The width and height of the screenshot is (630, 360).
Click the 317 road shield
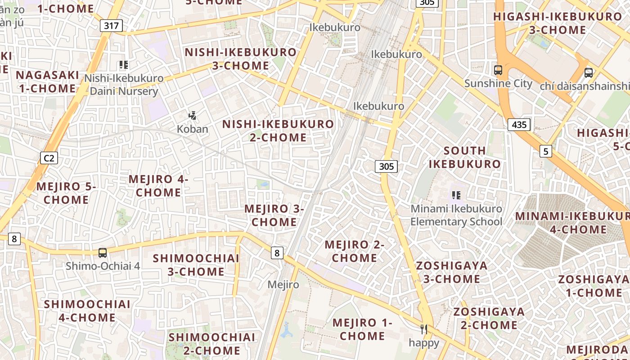pos(111,26)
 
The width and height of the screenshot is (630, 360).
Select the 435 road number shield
pos(519,125)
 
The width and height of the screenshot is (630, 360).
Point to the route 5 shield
pos(546,151)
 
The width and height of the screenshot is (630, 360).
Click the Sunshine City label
pos(498,84)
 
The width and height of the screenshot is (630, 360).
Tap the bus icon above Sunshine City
pos(498,70)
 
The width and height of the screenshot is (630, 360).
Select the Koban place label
pos(192,129)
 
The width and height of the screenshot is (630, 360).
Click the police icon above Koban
pos(193,116)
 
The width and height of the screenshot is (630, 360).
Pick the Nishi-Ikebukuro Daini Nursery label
pos(124,85)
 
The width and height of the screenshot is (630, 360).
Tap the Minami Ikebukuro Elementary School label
pos(456,215)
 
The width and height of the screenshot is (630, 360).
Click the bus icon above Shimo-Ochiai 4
pos(103,253)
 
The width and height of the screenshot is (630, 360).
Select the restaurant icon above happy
pos(423,329)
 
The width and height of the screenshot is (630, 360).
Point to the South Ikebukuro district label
pos(464,157)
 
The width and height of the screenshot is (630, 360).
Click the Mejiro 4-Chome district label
pos(158,186)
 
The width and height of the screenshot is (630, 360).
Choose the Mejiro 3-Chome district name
pos(274,216)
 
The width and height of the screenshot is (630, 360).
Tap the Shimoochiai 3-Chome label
pos(196,265)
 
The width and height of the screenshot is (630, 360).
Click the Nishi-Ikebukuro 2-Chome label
pos(278,130)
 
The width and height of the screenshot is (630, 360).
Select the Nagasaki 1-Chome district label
pos(47,81)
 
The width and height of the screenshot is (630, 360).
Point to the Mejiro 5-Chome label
pos(66,193)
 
